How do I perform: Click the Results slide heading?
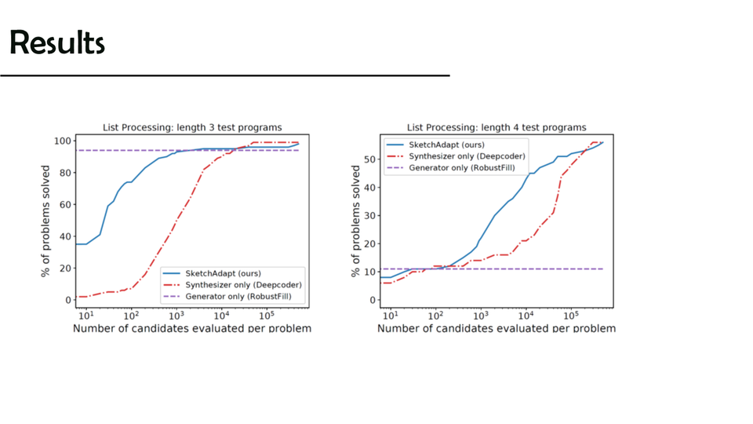57,42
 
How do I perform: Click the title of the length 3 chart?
192,127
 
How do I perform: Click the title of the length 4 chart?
496,127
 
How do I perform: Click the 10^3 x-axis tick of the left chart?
176,315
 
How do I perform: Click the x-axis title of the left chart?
192,327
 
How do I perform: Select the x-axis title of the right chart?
496,327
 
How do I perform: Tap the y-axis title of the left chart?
46,221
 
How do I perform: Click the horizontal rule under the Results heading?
225,75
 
